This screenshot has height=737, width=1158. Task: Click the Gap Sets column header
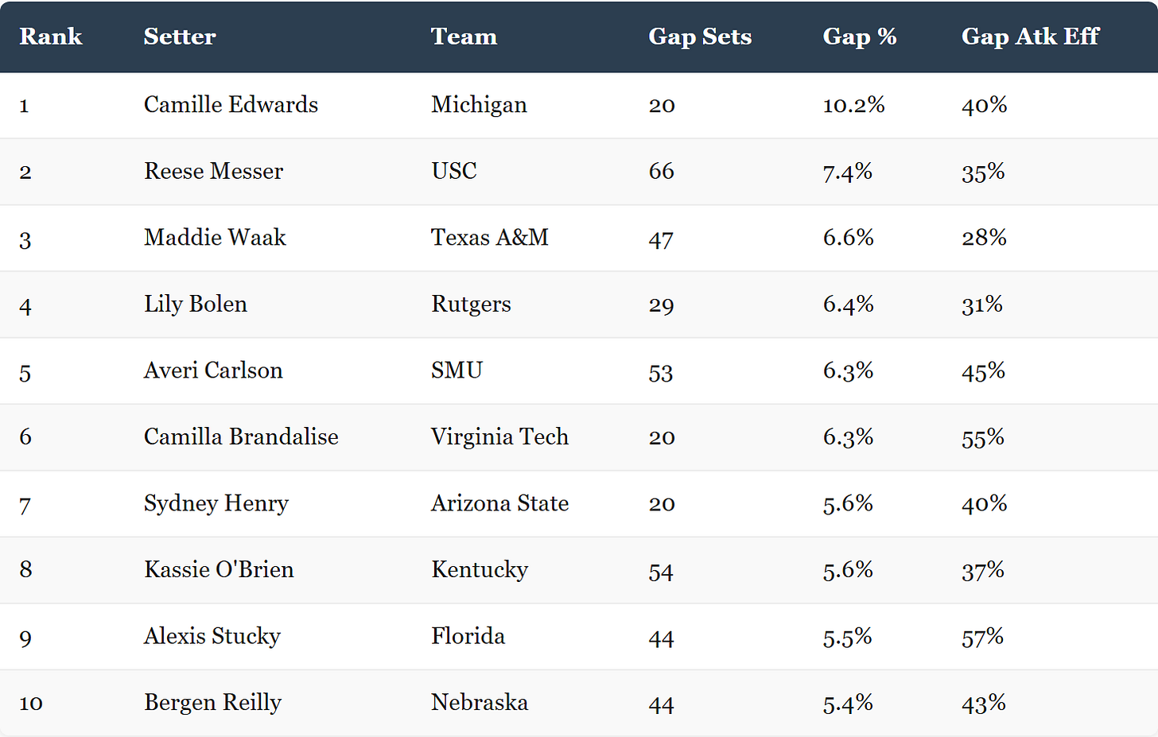point(700,37)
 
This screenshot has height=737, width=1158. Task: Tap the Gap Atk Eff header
point(1030,37)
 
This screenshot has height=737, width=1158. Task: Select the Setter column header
point(180,37)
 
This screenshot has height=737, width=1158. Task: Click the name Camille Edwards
point(231,105)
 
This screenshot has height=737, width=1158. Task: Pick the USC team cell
point(454,171)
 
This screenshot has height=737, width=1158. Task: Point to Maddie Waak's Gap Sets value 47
point(661,239)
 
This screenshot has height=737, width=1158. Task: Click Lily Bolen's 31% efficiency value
point(982,304)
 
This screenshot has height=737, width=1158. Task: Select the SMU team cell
point(457,370)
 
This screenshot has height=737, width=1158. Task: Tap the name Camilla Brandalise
point(241,436)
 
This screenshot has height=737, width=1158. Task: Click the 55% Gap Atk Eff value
point(983,437)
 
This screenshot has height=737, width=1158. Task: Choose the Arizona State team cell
point(499,503)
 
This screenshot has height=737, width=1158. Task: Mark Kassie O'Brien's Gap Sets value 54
point(661,571)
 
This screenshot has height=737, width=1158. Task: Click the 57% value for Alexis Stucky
point(983,637)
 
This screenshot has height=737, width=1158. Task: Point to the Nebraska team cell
point(480,703)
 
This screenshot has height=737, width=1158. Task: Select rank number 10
point(31,704)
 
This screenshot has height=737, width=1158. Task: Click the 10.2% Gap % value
point(853,105)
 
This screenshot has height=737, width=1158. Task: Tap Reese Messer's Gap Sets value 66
point(662,171)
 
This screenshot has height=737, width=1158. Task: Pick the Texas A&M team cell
point(490,238)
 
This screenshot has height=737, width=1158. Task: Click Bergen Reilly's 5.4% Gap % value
point(848,704)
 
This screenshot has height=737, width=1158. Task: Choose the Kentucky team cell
point(480,570)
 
